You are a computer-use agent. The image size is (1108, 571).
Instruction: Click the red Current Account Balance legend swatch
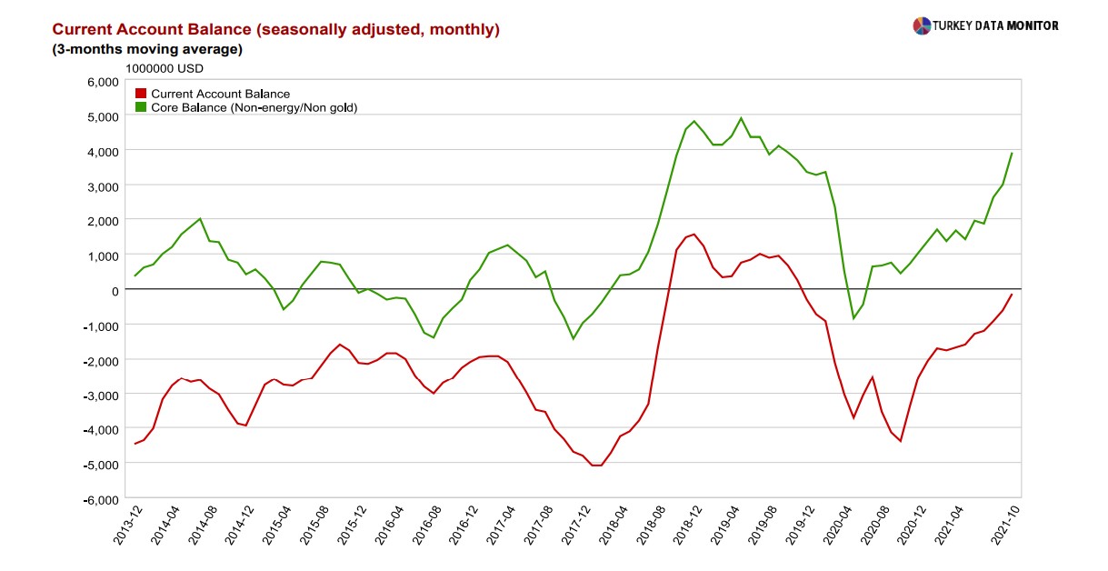coord(141,94)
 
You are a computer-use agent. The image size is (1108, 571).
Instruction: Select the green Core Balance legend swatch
coord(141,107)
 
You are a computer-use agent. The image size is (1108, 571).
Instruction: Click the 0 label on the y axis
coord(115,290)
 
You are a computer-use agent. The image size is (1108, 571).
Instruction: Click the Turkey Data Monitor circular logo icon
coord(922,25)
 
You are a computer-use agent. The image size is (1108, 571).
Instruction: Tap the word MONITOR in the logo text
coord(1032,25)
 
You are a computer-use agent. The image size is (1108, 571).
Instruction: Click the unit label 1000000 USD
coord(165,68)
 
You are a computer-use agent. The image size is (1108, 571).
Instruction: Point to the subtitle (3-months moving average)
coord(147,49)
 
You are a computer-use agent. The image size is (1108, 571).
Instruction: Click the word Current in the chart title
coord(84,29)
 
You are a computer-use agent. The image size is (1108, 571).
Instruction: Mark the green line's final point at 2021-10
coord(1012,154)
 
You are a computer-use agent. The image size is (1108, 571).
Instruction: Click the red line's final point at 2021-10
coord(1012,295)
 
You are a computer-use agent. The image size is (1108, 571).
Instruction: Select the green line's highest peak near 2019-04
coord(741,118)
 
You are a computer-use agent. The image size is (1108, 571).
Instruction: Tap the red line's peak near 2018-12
coord(694,234)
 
